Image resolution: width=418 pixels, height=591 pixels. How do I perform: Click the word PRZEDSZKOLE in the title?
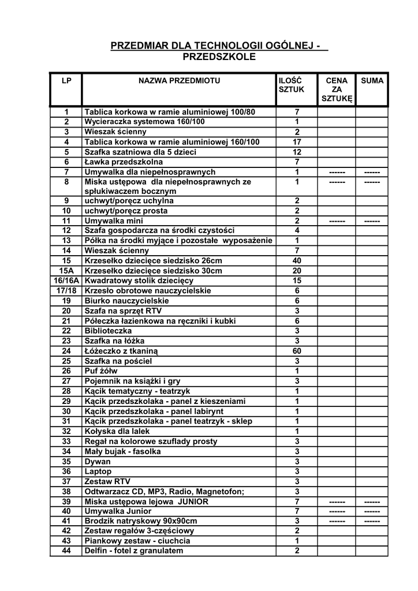[218, 57]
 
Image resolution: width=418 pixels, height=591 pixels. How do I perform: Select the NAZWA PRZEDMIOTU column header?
[179, 81]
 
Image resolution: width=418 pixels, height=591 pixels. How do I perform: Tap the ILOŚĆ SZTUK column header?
[290, 85]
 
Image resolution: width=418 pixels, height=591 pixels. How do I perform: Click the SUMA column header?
[372, 81]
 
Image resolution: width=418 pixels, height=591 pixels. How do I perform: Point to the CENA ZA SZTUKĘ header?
[337, 90]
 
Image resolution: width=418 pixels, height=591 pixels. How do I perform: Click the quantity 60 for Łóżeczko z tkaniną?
[297, 351]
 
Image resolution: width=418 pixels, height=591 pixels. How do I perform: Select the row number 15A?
[66, 271]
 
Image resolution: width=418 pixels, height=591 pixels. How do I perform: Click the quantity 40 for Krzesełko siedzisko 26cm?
[297, 261]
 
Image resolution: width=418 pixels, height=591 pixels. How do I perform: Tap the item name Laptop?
[98, 472]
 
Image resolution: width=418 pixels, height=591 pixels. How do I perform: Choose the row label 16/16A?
[66, 280]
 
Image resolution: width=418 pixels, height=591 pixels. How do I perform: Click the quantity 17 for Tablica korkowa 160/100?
[297, 142]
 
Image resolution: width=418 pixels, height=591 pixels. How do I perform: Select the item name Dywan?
[98, 462]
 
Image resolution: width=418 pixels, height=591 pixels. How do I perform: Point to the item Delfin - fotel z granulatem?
[133, 551]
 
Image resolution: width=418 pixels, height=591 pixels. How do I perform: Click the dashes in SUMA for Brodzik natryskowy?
[372, 521]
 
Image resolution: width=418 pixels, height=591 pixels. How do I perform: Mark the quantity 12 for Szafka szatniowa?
[297, 152]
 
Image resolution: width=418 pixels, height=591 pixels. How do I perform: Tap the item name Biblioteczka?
[108, 331]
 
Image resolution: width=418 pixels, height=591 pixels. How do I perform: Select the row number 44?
[66, 551]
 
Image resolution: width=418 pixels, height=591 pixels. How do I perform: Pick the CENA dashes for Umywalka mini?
[337, 221]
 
